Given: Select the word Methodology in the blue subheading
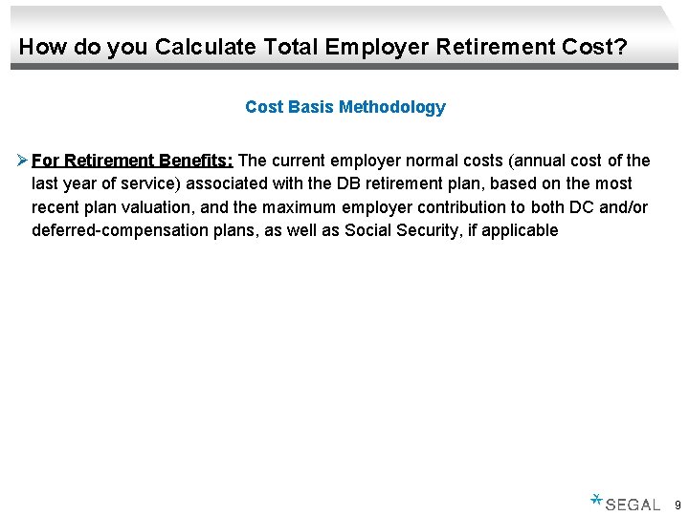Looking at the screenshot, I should (392, 107).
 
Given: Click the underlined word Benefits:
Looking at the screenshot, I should (196, 161).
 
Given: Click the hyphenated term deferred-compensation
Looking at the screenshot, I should (116, 229).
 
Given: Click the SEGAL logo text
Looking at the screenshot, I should (633, 505).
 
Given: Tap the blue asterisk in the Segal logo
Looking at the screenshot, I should (596, 499).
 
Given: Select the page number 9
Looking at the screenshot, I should (678, 505).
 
